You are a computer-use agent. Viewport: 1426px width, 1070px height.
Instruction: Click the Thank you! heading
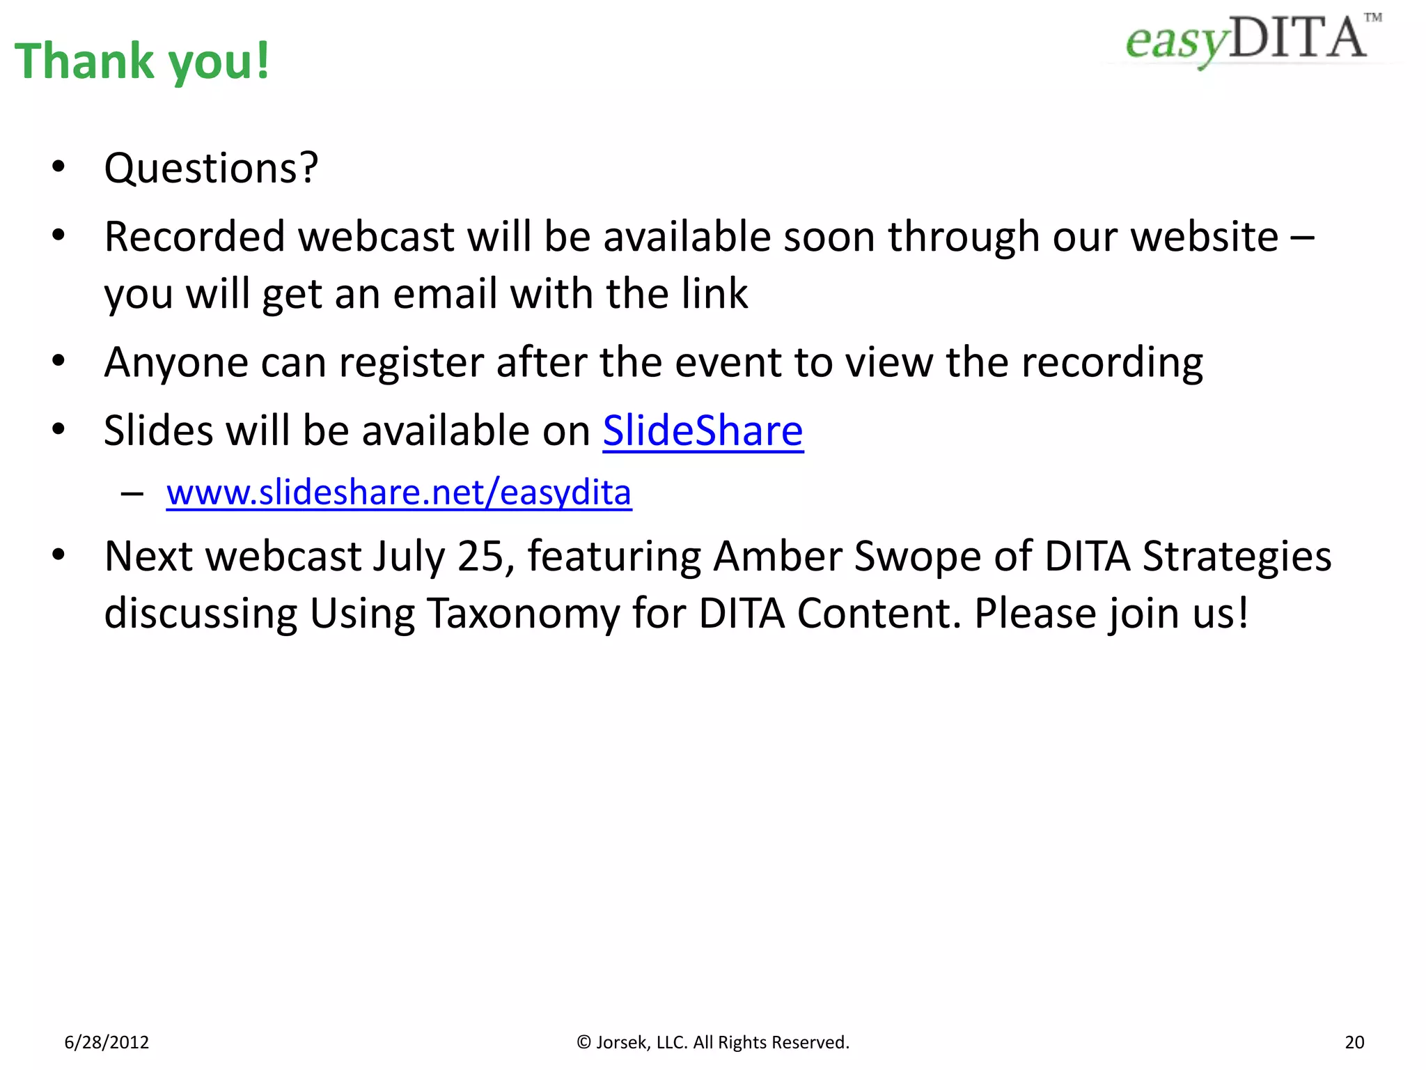141,61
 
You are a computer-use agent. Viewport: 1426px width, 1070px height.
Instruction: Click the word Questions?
211,169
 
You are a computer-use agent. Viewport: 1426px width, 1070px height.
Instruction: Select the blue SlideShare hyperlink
703,431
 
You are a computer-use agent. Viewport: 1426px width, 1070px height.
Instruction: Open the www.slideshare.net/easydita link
398,493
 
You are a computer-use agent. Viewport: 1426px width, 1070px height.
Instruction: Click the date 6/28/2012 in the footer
107,1042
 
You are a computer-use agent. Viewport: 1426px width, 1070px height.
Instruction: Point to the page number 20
1354,1042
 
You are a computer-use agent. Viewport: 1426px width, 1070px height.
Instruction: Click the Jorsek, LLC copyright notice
713,1042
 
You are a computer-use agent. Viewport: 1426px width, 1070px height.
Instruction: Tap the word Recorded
194,237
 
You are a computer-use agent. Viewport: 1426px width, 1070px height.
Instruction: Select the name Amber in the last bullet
778,557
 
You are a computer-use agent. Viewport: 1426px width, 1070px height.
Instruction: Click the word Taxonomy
522,614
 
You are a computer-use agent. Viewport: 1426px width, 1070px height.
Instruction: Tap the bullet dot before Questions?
58,167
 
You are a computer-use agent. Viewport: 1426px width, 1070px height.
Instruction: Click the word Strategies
1237,557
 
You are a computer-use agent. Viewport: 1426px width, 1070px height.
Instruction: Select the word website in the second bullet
1204,237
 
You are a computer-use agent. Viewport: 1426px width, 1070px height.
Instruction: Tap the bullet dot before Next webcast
58,555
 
